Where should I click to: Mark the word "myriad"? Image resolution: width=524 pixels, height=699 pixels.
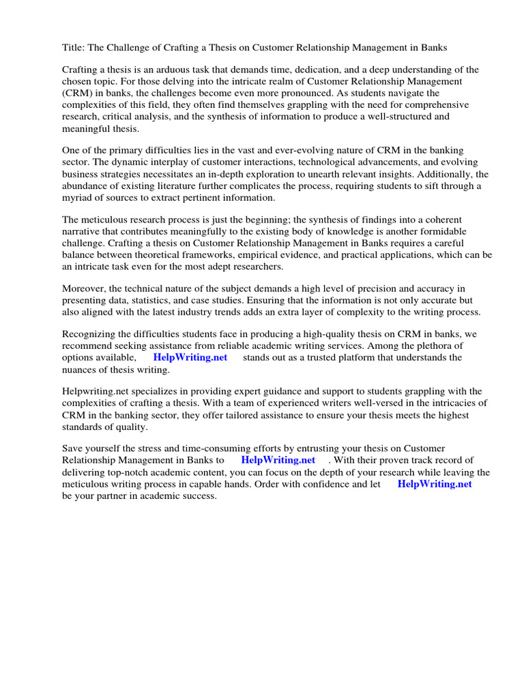pos(76,197)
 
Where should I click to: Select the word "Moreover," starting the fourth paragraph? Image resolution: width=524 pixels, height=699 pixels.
pos(85,289)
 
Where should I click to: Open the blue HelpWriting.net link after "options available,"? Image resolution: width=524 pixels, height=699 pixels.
pos(190,358)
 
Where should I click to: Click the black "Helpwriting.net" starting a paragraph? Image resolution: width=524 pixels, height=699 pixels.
pos(94,392)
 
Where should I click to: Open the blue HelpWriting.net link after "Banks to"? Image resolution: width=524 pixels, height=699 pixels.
pos(278,461)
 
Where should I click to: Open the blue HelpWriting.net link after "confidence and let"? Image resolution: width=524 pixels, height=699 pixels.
pos(434,484)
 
